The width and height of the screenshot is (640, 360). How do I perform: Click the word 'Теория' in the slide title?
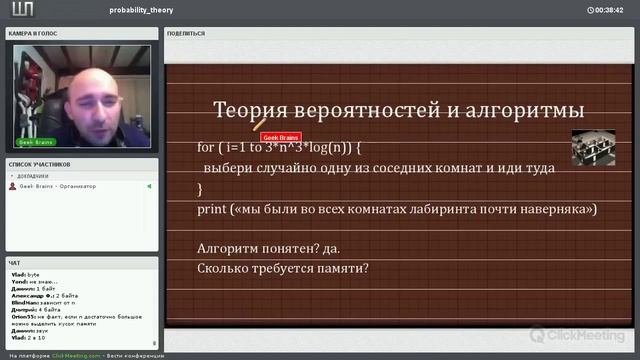point(250,110)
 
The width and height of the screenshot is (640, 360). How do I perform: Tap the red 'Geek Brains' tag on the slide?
point(281,137)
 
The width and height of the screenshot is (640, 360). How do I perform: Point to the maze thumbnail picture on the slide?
point(592,147)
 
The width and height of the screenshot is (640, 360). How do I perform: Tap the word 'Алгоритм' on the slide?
point(233,247)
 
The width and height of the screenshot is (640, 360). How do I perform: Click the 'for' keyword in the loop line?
point(205,147)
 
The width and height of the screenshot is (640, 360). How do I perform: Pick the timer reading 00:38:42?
point(609,9)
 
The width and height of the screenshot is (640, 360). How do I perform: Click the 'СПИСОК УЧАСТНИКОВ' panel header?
point(40,163)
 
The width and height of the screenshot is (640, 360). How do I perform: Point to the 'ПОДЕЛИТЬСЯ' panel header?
point(187,33)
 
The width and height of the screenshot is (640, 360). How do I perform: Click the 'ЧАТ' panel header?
point(15,262)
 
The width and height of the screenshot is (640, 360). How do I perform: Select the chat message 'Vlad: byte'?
point(26,273)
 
